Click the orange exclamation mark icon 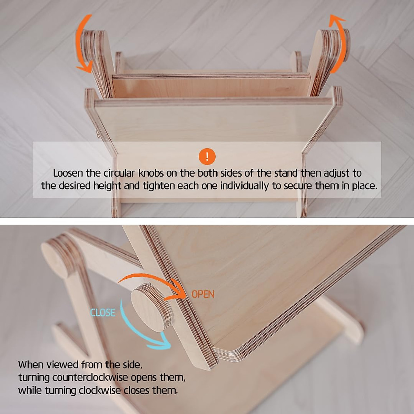(x=207, y=157)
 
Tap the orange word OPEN (x=203, y=294)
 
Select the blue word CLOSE (x=102, y=313)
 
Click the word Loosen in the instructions (x=68, y=173)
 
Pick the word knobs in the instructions (x=152, y=173)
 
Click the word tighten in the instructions (x=159, y=186)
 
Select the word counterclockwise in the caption (x=91, y=378)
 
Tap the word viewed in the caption (x=62, y=365)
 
